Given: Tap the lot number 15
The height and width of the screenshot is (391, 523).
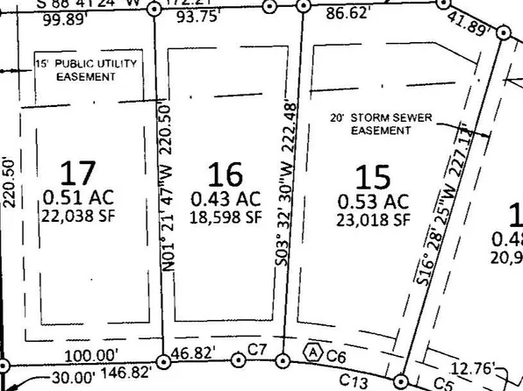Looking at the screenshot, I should (374, 177).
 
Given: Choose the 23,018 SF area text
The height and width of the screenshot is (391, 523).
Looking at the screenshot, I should (374, 220).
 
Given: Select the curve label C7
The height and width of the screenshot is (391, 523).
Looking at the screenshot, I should (257, 351).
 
